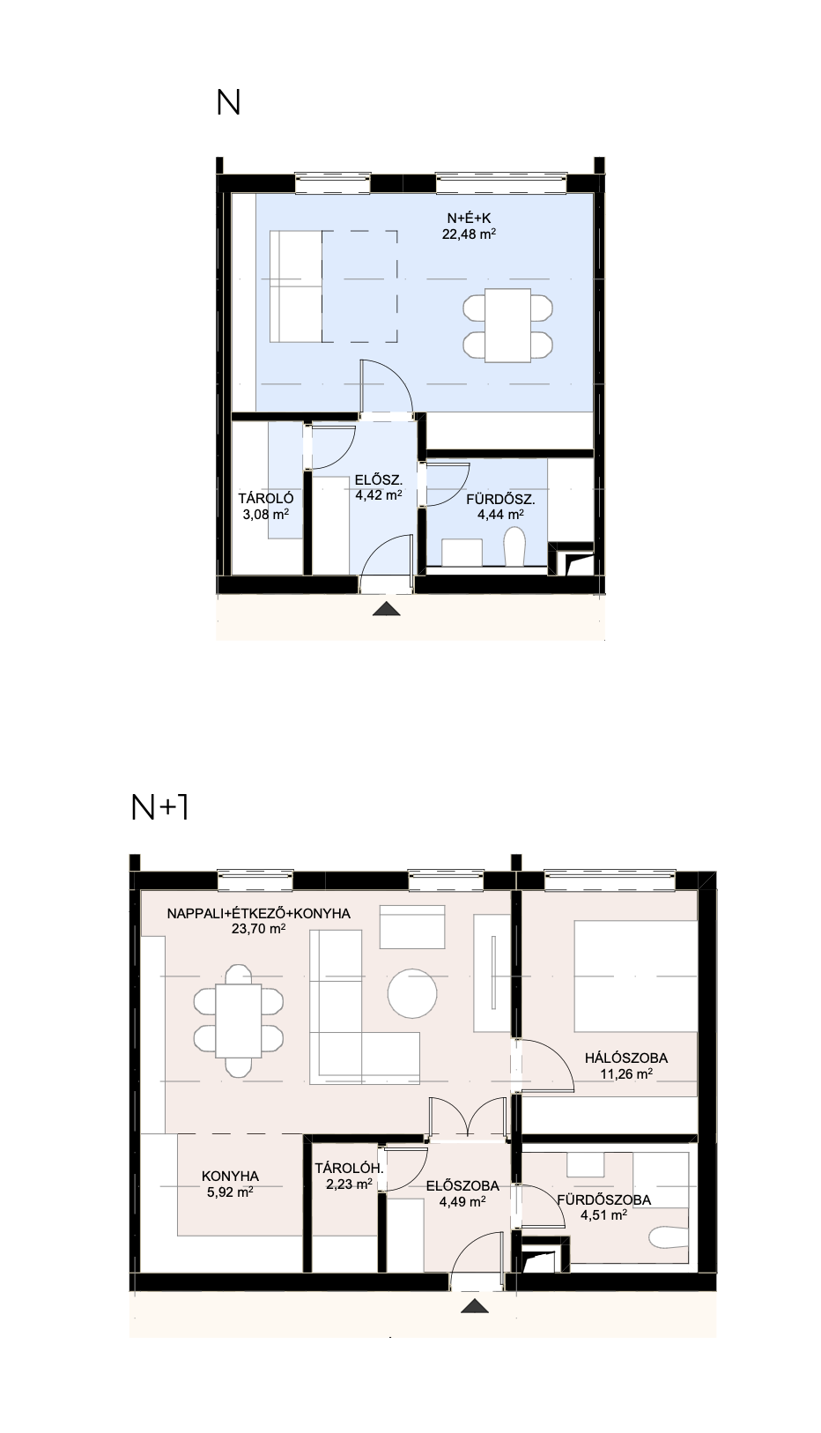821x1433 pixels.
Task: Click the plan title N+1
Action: [159, 807]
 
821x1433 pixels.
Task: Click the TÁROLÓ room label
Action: [266, 498]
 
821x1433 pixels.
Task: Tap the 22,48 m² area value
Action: [470, 234]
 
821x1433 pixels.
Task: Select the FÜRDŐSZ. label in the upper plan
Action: [500, 499]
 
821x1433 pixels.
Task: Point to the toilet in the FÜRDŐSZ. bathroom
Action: [514, 547]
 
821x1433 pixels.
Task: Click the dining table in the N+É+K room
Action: [507, 325]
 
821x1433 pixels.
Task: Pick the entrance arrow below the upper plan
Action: [387, 609]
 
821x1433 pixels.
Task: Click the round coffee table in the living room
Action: [412, 993]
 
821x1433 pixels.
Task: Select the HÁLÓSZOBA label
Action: [626, 1058]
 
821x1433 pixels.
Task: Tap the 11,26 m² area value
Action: [626, 1074]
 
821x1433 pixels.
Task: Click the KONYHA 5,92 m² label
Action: [230, 1184]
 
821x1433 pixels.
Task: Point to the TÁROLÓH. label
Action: [349, 1169]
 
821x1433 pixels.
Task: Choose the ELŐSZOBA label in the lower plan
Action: [463, 1186]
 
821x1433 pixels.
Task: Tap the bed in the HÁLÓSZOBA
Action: [636, 976]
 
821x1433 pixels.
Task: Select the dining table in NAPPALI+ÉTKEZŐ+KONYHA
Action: [239, 1021]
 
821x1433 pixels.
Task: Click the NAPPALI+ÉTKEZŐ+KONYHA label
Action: [259, 914]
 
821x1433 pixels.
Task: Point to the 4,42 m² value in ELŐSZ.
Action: [379, 494]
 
